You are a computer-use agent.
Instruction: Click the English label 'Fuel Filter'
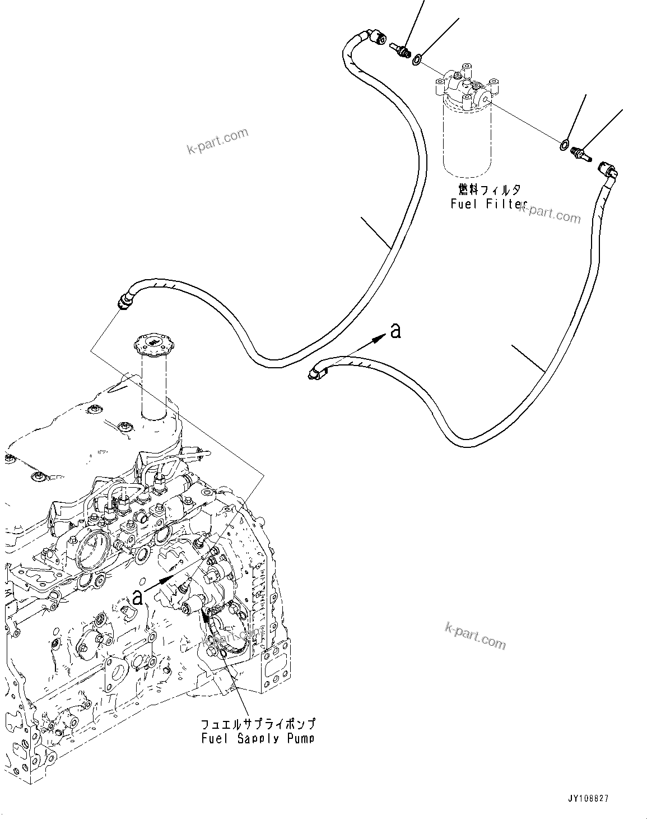click(486, 204)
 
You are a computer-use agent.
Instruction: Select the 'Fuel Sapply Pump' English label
click(258, 738)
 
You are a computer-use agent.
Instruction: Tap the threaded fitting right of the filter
click(580, 153)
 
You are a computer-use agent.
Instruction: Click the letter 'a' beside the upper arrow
click(395, 331)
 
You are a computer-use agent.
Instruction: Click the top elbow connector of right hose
click(609, 169)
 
